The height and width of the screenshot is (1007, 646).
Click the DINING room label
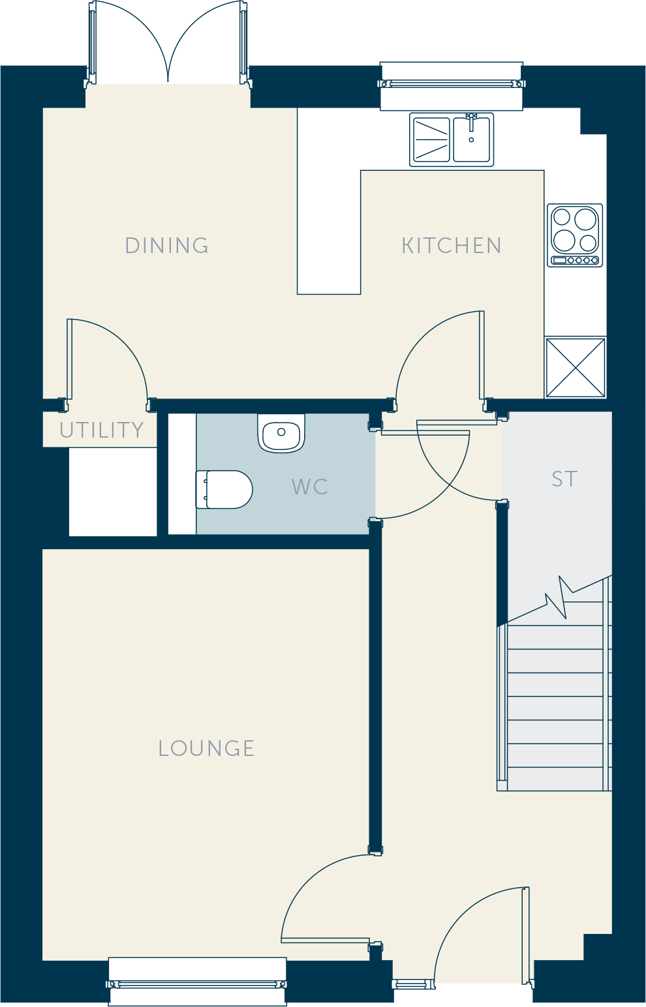click(166, 245)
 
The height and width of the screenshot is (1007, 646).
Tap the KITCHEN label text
click(451, 245)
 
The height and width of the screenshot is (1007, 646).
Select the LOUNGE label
click(206, 749)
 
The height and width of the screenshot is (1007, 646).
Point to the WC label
click(309, 487)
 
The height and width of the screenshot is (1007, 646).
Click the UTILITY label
click(102, 430)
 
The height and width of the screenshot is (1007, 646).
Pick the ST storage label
click(564, 479)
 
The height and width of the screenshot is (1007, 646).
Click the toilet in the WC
click(224, 490)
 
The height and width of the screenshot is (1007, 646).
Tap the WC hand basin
click(281, 432)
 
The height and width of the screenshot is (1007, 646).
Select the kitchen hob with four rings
click(575, 235)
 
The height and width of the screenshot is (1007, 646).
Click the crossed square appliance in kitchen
click(576, 368)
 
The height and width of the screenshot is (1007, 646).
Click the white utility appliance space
click(113, 491)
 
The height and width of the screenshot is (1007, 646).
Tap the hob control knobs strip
click(575, 260)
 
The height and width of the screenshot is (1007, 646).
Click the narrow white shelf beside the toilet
click(182, 474)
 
